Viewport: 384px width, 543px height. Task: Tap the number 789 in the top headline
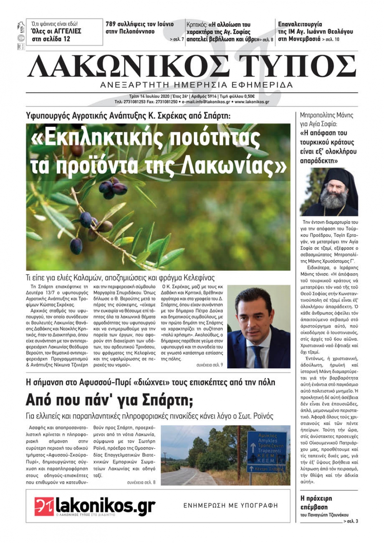(112, 24)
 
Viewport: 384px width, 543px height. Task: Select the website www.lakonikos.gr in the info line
(252, 102)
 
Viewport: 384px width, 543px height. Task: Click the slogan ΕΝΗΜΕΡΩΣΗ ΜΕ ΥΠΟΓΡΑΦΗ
(230, 506)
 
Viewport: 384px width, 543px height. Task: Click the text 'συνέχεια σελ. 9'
(209, 365)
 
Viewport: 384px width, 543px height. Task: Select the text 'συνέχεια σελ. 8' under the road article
(141, 482)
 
